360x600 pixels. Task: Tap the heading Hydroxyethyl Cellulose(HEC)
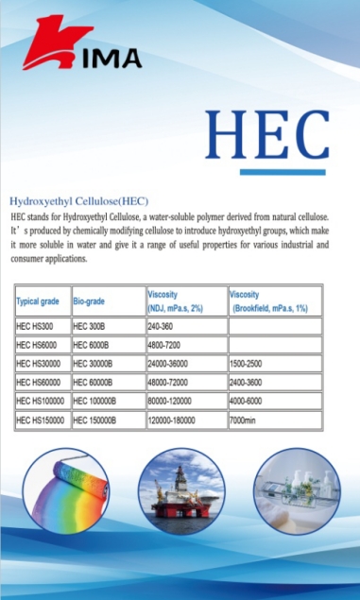pos(78,200)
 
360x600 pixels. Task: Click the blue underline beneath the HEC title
pos(282,171)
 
